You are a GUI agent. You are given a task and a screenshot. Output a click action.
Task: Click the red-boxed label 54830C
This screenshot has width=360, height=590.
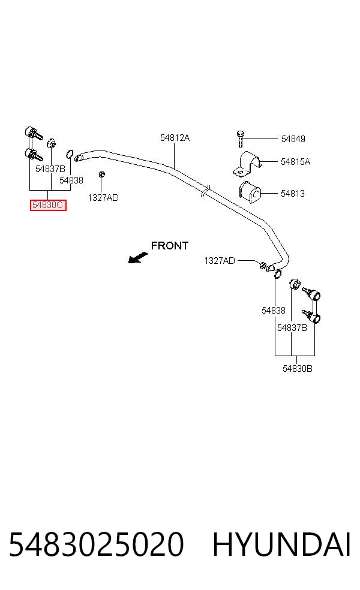[48, 205]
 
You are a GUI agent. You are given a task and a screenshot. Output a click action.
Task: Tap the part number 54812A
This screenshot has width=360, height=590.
[175, 138]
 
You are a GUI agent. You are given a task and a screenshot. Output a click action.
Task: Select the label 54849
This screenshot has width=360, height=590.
[293, 139]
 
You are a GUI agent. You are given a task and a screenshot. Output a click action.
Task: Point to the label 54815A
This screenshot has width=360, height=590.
[295, 162]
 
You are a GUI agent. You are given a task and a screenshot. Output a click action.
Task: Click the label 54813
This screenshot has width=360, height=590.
[293, 194]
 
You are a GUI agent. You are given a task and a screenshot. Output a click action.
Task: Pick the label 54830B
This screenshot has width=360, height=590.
[298, 369]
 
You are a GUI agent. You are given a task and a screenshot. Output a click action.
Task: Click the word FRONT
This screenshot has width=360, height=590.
[169, 246]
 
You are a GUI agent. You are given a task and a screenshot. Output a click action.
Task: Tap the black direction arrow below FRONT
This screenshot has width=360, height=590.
[138, 258]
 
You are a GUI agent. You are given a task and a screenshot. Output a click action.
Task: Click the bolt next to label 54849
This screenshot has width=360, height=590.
[240, 139]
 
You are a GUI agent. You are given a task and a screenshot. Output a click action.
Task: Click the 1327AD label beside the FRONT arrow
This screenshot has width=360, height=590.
[220, 261]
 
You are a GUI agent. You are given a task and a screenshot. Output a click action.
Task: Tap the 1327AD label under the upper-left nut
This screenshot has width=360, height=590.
[103, 198]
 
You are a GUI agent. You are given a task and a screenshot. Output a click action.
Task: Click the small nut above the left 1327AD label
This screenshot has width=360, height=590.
[101, 174]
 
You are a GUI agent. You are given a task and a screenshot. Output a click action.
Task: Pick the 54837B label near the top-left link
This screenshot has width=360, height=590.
[50, 169]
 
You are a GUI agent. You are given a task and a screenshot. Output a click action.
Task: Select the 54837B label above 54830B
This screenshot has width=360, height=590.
[292, 328]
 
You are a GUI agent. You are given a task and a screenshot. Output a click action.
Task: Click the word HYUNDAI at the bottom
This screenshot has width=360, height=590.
[281, 544]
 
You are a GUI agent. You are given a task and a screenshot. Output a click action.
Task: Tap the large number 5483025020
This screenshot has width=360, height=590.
[97, 544]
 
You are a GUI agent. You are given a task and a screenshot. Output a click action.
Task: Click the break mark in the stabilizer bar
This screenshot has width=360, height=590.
[205, 191]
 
